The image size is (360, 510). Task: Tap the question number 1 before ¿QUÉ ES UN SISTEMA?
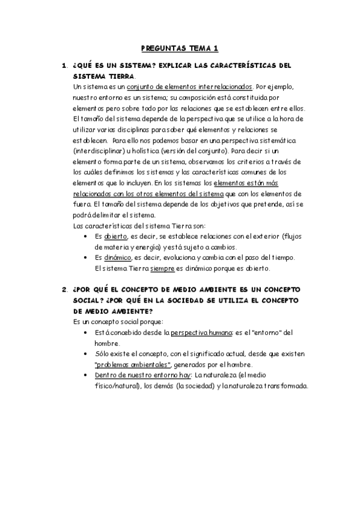[64, 66]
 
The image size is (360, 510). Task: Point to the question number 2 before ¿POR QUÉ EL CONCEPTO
[64, 289]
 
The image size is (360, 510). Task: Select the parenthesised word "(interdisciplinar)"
[100, 152]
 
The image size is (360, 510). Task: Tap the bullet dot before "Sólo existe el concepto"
[90, 354]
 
